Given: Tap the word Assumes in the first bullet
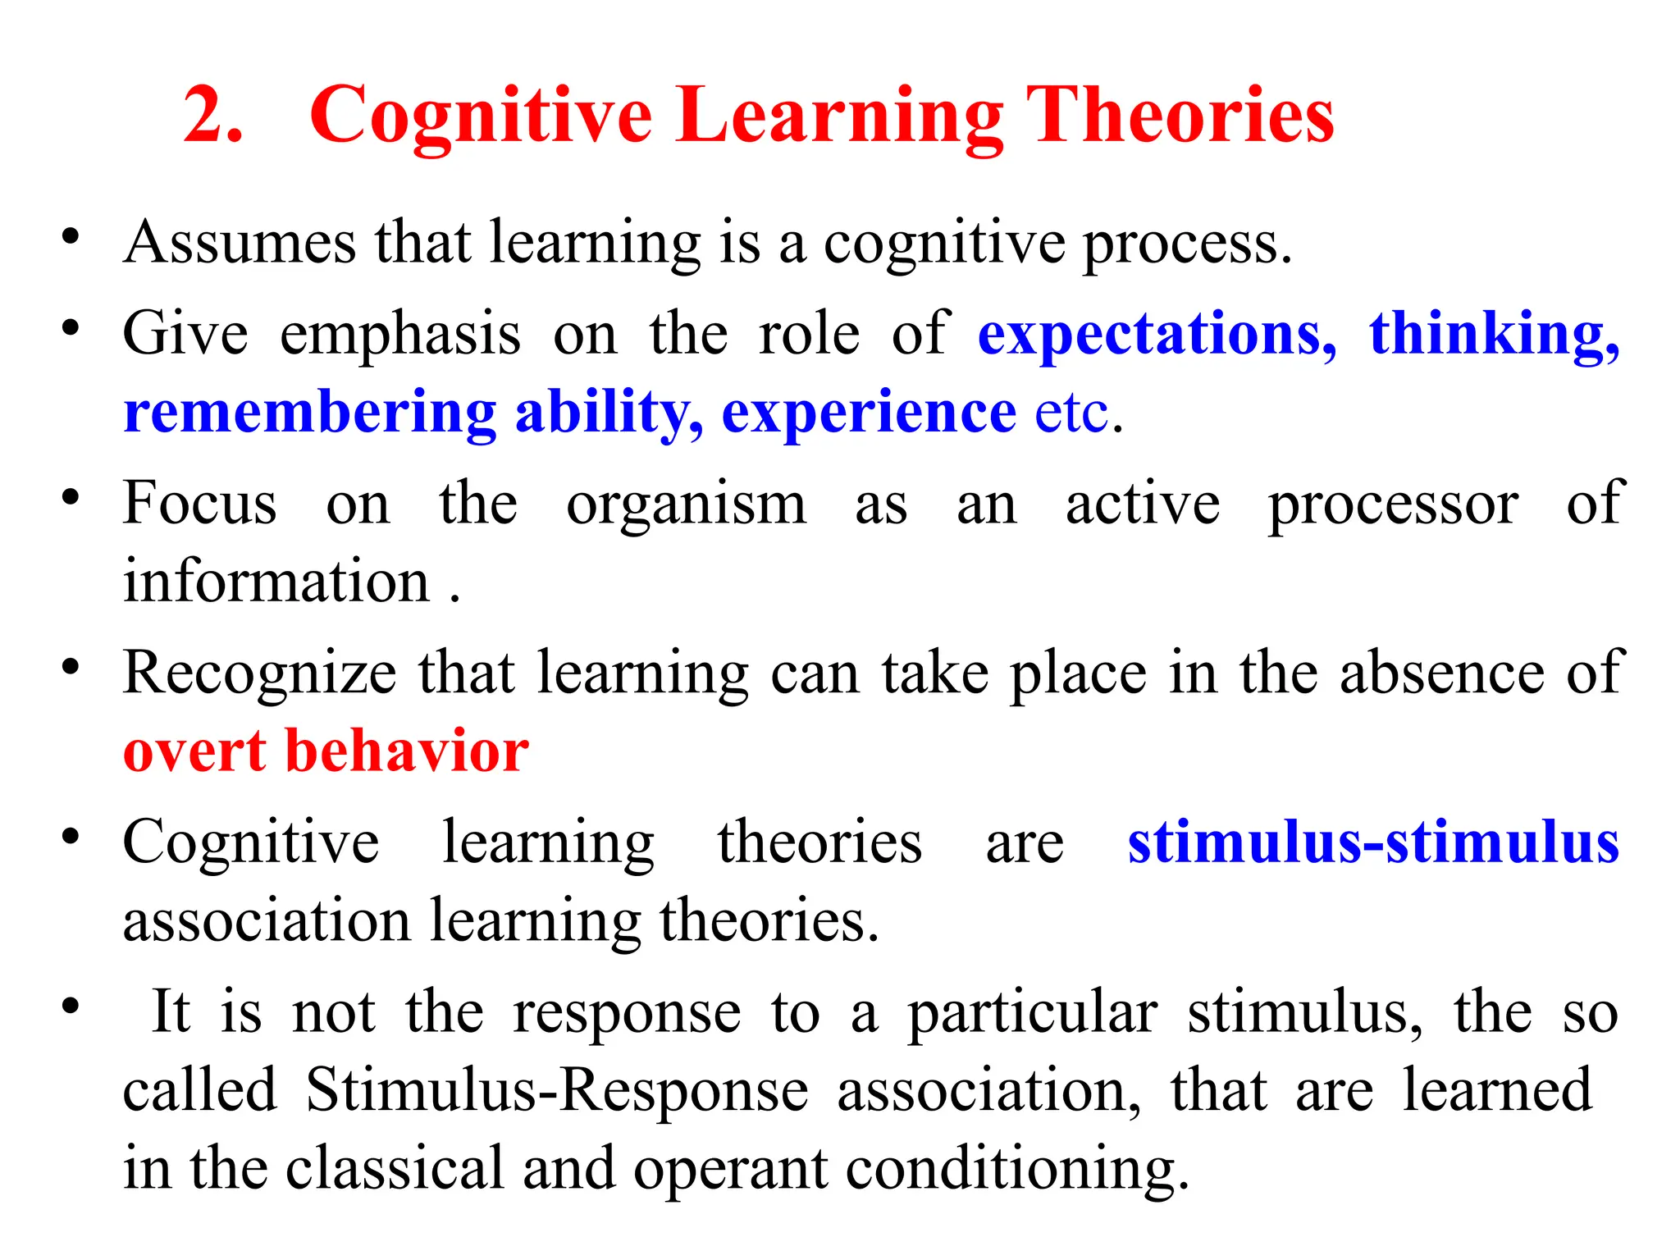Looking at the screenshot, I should tap(240, 243).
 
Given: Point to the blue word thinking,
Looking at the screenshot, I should tap(1494, 335).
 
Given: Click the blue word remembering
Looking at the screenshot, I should tap(309, 412).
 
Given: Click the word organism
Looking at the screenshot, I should tap(686, 504).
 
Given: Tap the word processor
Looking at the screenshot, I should tap(1393, 504).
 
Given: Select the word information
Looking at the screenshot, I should tap(276, 581).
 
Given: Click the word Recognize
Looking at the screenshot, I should tap(259, 673).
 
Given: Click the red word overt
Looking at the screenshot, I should tap(194, 751).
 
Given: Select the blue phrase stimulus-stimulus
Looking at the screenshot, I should tap(1372, 842).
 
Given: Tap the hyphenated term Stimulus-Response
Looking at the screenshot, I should tap(557, 1090).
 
